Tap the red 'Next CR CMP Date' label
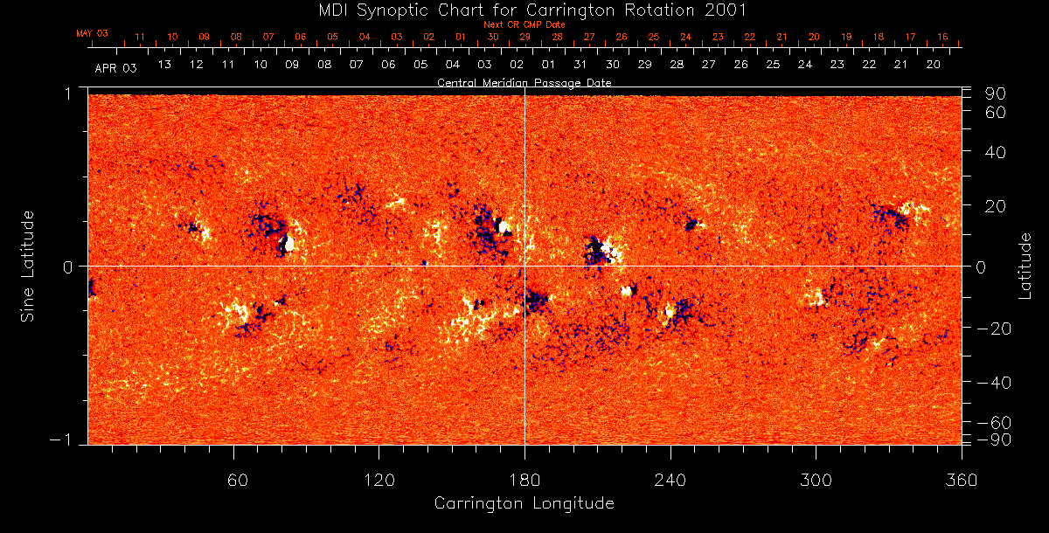pyautogui.click(x=524, y=24)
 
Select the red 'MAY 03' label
pyautogui.click(x=92, y=33)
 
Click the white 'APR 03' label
pyautogui.click(x=115, y=66)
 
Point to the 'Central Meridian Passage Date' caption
pyautogui.click(x=524, y=82)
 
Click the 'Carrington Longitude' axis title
pyautogui.click(x=524, y=503)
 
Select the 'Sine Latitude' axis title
pyautogui.click(x=28, y=266)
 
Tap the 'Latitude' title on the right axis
pyautogui.click(x=1025, y=266)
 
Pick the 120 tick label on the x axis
pyautogui.click(x=379, y=481)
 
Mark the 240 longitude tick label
pyautogui.click(x=670, y=481)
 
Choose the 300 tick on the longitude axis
pyautogui.click(x=816, y=481)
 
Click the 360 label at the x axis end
pyautogui.click(x=962, y=481)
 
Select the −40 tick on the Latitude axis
pyautogui.click(x=993, y=382)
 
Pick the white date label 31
pyautogui.click(x=580, y=65)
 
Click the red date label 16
pyautogui.click(x=942, y=37)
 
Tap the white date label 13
pyautogui.click(x=163, y=65)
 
